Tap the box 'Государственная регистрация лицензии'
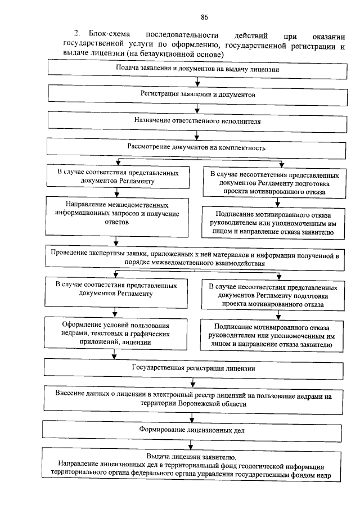(193, 369)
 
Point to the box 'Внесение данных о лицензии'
(193, 399)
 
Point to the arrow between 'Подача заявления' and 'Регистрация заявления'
(197, 81)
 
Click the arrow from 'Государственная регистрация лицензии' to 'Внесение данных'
(194, 382)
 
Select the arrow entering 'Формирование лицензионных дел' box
(194, 417)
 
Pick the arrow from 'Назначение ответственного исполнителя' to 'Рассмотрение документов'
(197, 134)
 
